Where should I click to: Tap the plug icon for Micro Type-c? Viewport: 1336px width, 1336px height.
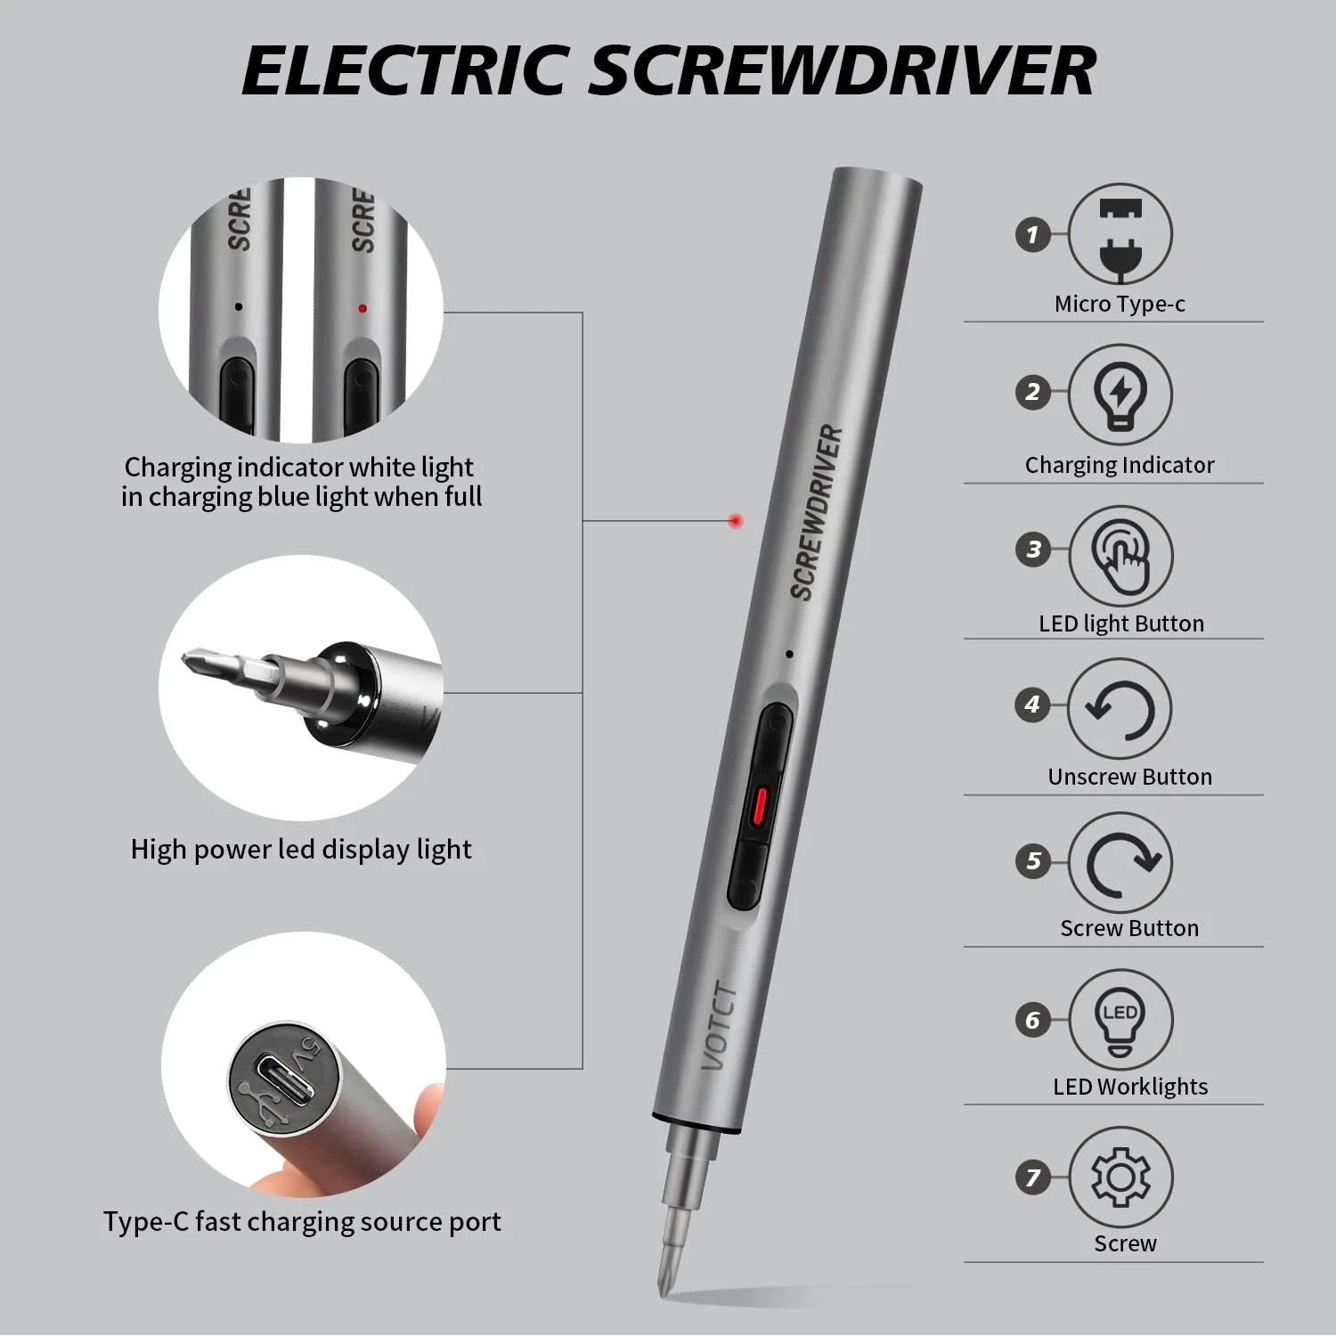tap(1120, 235)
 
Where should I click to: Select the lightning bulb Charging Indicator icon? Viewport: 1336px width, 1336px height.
tap(1120, 393)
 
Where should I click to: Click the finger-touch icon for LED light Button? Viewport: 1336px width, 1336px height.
tap(1120, 556)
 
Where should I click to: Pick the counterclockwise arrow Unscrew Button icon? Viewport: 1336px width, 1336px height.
tap(1120, 710)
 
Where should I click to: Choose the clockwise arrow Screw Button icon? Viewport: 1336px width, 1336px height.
tap(1120, 863)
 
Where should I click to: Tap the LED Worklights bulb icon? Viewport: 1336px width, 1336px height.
tap(1120, 1020)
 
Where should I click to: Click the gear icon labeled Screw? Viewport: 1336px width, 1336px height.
tap(1120, 1177)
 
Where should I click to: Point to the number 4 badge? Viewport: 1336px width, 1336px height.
tap(1033, 705)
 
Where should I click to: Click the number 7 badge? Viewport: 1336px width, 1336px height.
tap(1033, 1177)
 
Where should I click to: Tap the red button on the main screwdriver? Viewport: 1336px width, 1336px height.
tap(759, 805)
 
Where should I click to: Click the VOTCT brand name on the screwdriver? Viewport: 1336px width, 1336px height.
tap(720, 1027)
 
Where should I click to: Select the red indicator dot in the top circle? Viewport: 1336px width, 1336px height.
tap(362, 309)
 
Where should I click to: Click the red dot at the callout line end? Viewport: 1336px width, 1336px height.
tap(735, 521)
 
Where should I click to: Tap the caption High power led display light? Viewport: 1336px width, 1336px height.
tap(301, 850)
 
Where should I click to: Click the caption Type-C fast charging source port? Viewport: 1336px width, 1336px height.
tap(301, 1221)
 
